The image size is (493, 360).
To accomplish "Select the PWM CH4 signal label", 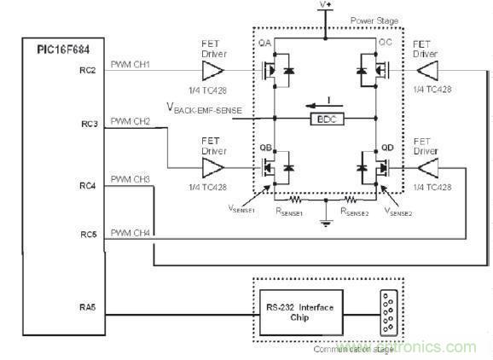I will click(130, 233).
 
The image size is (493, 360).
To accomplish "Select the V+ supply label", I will click(325, 6).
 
